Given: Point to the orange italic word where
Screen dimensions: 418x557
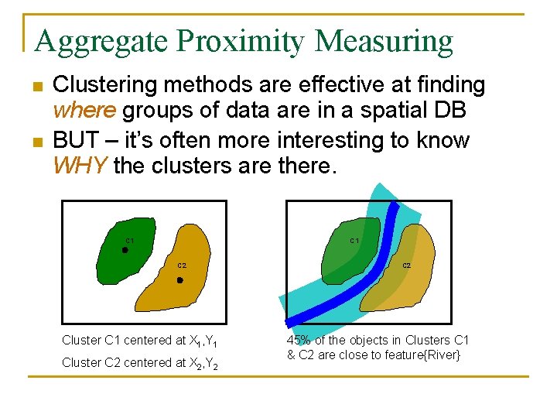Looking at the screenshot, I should [x=84, y=111].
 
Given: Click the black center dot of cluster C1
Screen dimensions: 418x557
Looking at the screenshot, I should [x=125, y=250].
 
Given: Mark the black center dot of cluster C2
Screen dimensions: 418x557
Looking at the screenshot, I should [x=179, y=280].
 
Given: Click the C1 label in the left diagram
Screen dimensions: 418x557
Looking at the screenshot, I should [x=129, y=241].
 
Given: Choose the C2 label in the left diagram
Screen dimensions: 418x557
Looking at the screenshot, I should [x=182, y=266].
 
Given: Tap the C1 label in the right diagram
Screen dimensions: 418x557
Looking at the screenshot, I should [x=354, y=241].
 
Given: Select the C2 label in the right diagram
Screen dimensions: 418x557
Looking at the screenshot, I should [x=406, y=266].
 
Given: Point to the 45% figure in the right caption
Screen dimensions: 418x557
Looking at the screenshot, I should [x=299, y=341].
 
